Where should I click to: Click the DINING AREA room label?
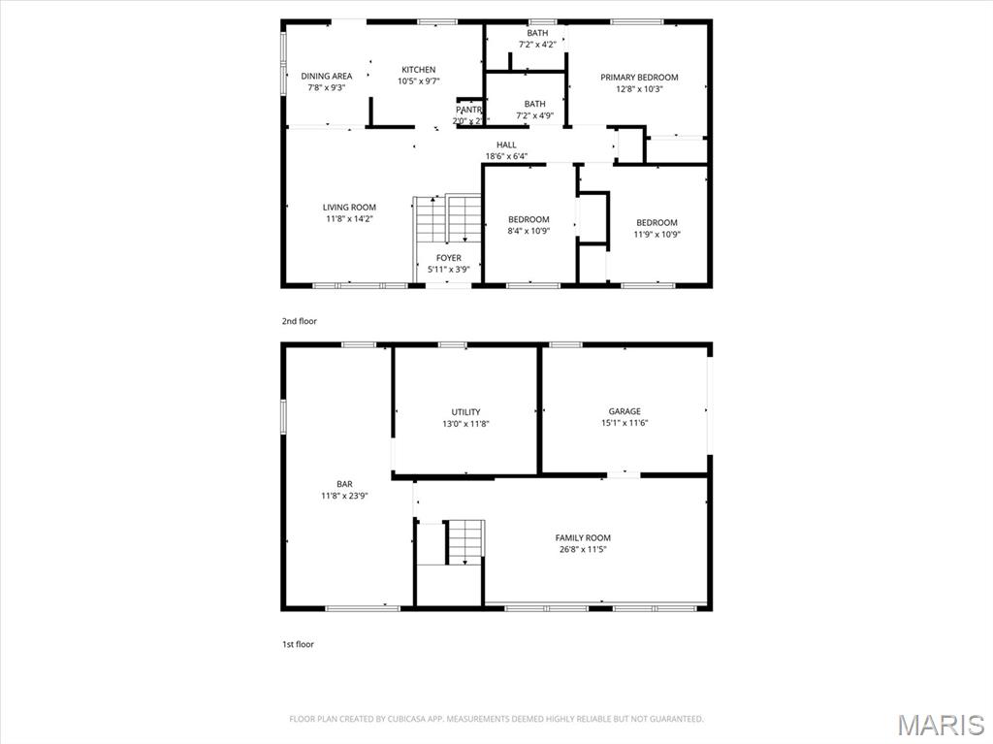(326, 76)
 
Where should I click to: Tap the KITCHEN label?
(419, 70)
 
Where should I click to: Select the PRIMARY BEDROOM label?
(639, 78)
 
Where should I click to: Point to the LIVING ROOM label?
(349, 207)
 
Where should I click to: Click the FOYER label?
(448, 258)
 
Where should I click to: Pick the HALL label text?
(506, 145)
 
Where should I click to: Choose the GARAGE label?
(625, 411)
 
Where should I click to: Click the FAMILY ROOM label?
(583, 537)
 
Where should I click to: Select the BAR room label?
(344, 484)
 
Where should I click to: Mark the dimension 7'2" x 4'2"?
(537, 45)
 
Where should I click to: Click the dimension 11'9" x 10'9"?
(657, 234)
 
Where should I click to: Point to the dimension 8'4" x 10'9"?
(529, 231)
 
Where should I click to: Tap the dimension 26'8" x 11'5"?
(583, 549)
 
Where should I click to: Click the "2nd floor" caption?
(299, 321)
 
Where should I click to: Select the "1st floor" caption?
(298, 644)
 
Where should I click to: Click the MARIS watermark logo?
(940, 725)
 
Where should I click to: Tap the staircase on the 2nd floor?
(447, 220)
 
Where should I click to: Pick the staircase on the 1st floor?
(464, 541)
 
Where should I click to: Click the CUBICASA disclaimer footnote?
(496, 719)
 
